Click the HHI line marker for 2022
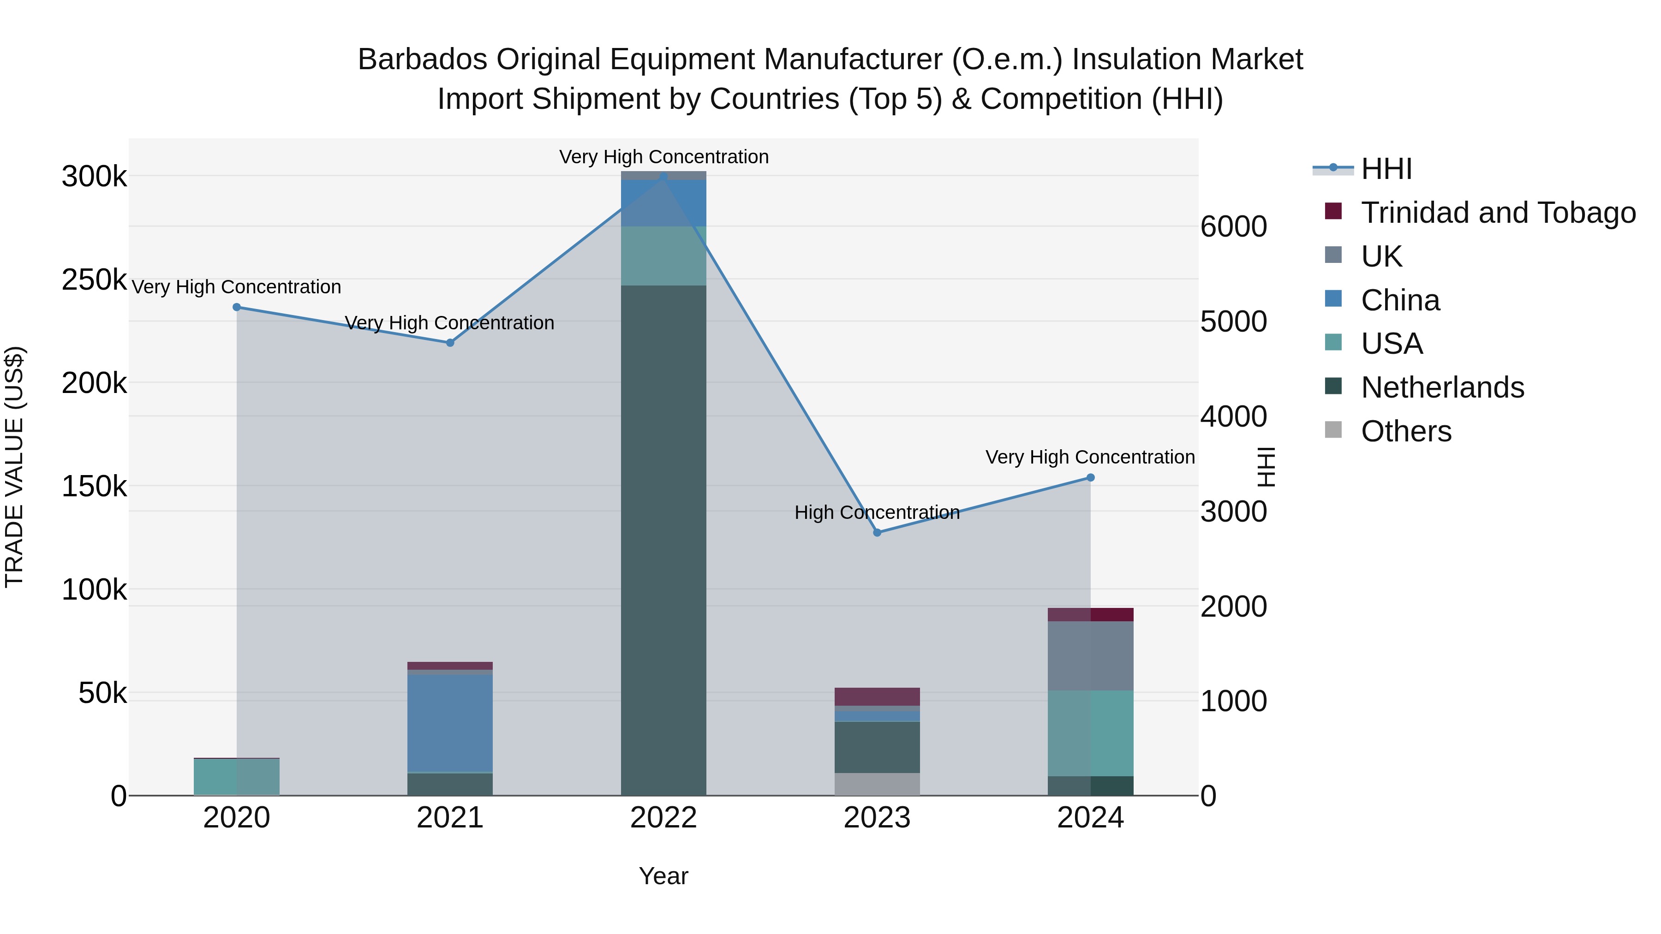663,176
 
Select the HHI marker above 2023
877,532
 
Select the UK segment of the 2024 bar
1090,655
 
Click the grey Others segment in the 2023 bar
877,784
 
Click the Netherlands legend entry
1442,387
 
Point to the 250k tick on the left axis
94,280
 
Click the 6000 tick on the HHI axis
1233,226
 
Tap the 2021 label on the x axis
449,818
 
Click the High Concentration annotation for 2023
877,512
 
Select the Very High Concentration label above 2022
663,157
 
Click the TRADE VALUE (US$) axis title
14,467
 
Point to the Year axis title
663,876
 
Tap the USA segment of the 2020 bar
237,777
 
